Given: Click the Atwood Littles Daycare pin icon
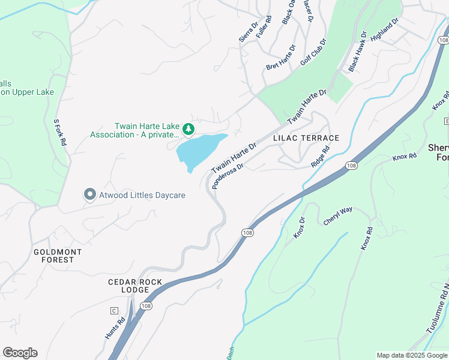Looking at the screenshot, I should [x=90, y=194].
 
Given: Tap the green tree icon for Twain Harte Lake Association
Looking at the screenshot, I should [x=188, y=128].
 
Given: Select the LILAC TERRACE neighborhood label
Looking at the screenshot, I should [x=306, y=138].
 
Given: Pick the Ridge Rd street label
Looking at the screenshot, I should [x=321, y=157].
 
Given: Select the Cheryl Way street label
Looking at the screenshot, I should [x=337, y=217].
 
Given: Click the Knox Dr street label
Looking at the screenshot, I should [x=300, y=228].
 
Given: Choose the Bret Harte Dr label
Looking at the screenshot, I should [x=281, y=56].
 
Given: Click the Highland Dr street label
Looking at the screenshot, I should [x=385, y=29].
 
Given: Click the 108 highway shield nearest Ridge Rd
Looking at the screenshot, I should [x=352, y=165].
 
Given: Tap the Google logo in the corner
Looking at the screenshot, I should [x=20, y=353].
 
